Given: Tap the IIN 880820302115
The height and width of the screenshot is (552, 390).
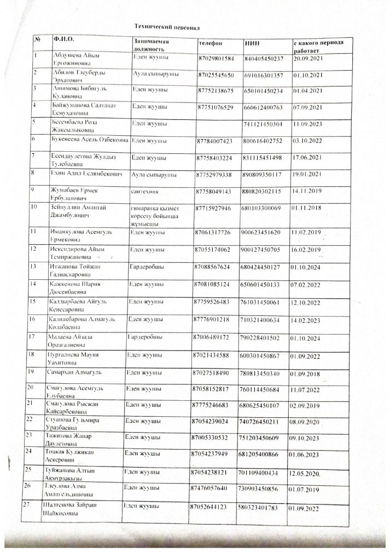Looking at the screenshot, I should pyautogui.click(x=264, y=192).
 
